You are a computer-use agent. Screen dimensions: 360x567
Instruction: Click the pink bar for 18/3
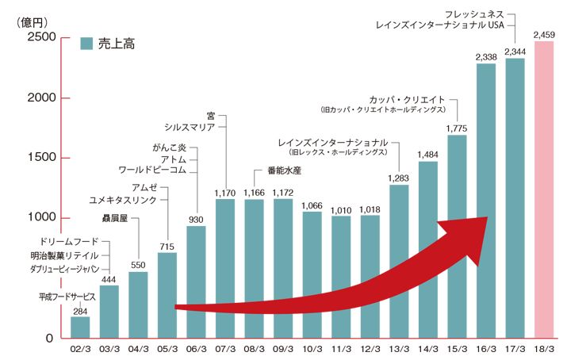point(544,190)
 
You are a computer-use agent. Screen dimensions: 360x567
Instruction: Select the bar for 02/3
point(80,327)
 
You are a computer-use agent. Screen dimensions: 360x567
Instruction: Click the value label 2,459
point(544,34)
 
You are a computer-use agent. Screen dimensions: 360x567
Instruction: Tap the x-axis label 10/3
point(312,349)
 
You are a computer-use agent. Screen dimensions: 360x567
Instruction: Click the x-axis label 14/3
point(428,349)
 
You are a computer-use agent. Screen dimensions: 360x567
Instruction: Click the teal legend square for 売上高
point(88,44)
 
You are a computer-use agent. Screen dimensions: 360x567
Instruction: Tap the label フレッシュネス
point(473,13)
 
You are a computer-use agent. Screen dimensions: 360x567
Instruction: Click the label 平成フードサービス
point(67,296)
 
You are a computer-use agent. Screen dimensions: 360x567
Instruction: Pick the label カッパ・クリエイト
point(410,99)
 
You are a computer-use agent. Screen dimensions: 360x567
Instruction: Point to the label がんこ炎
point(169,147)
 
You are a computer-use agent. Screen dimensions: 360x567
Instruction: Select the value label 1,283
point(399,178)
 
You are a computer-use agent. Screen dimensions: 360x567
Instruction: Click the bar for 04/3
point(138,305)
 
